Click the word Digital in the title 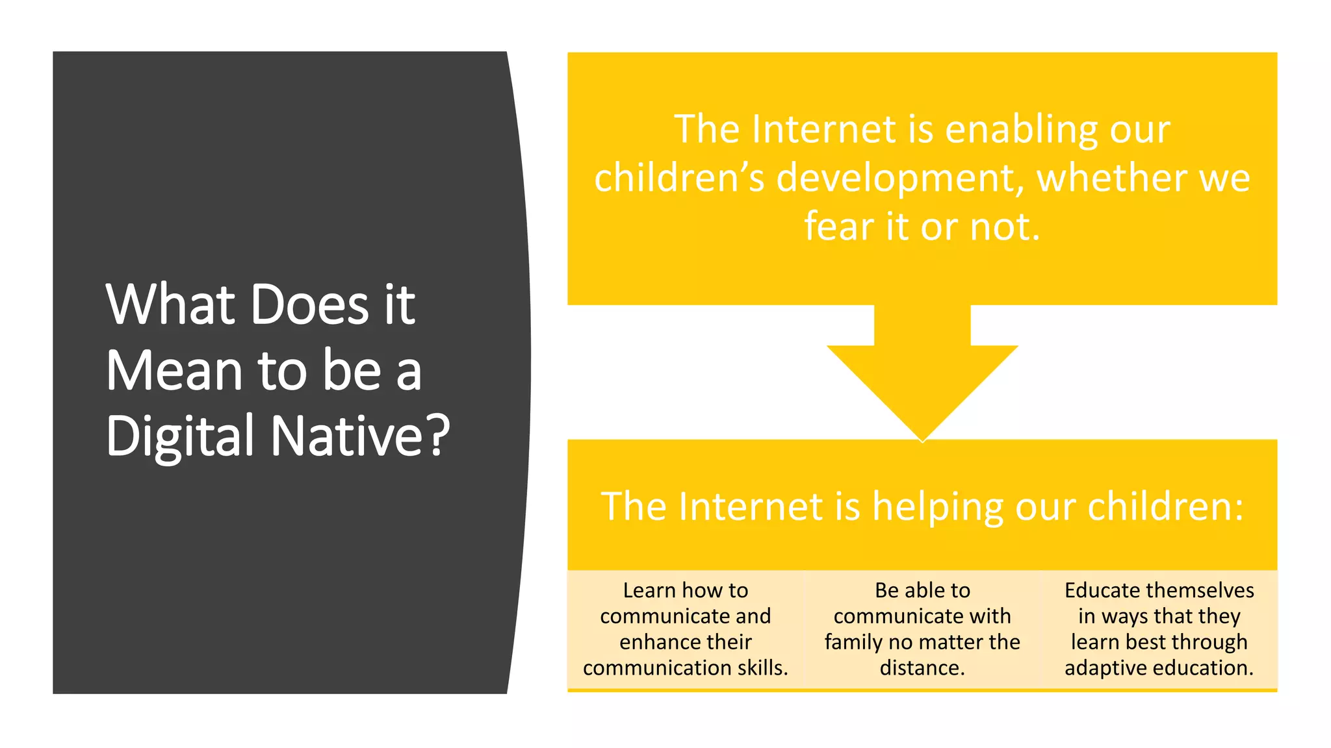179,436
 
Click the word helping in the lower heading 938,507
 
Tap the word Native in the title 348,436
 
